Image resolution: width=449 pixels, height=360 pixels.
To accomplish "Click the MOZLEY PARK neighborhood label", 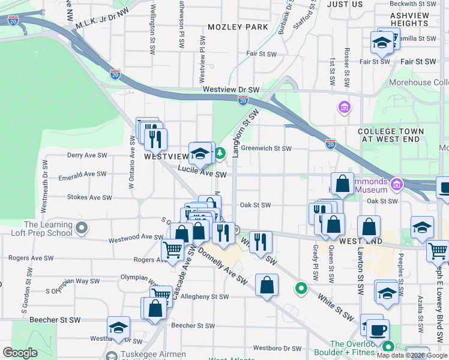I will point(238,27).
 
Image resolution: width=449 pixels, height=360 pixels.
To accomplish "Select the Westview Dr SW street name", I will point(231,89).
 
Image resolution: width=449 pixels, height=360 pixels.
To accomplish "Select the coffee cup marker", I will point(378,330).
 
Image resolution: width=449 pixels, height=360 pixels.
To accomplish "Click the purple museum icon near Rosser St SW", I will point(345,107).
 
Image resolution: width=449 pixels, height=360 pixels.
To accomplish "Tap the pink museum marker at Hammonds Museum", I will point(396,184).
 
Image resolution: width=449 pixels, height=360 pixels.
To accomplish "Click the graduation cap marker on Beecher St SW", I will point(118,327).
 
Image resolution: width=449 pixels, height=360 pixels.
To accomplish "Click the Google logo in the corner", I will point(20,353).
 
